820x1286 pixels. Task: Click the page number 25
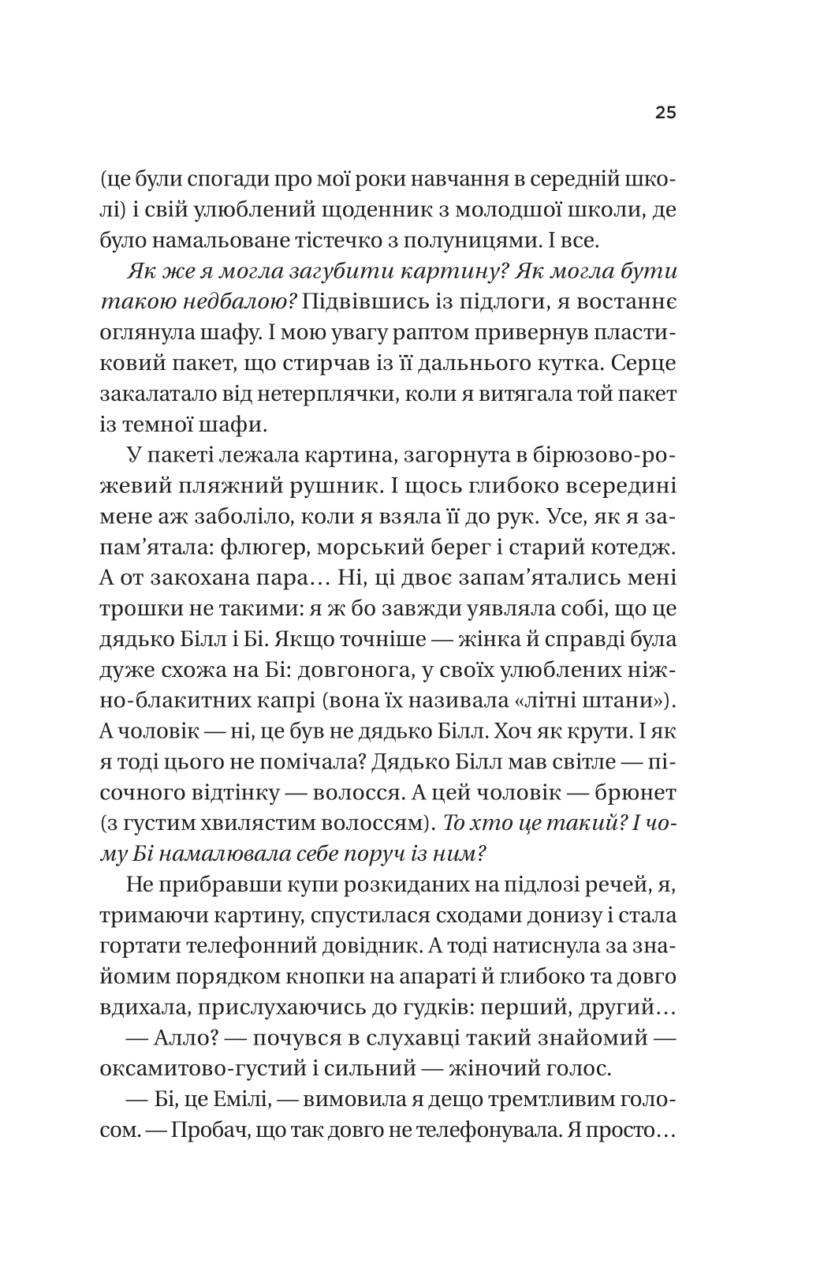(665, 114)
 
